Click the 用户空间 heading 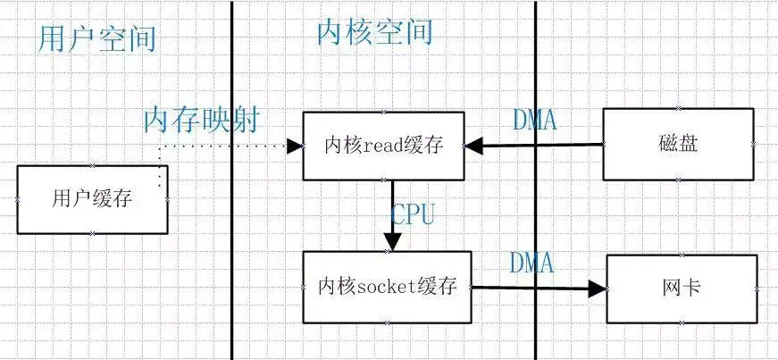(x=97, y=38)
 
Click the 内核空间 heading (x=374, y=32)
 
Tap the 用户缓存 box (x=92, y=199)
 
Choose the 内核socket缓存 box (x=387, y=287)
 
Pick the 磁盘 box (x=678, y=144)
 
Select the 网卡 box (x=682, y=289)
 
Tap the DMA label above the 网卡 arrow (x=531, y=264)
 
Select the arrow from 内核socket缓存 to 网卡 (x=536, y=288)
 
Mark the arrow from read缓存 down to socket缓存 (x=392, y=214)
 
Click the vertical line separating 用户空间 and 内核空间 (x=231, y=223)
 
